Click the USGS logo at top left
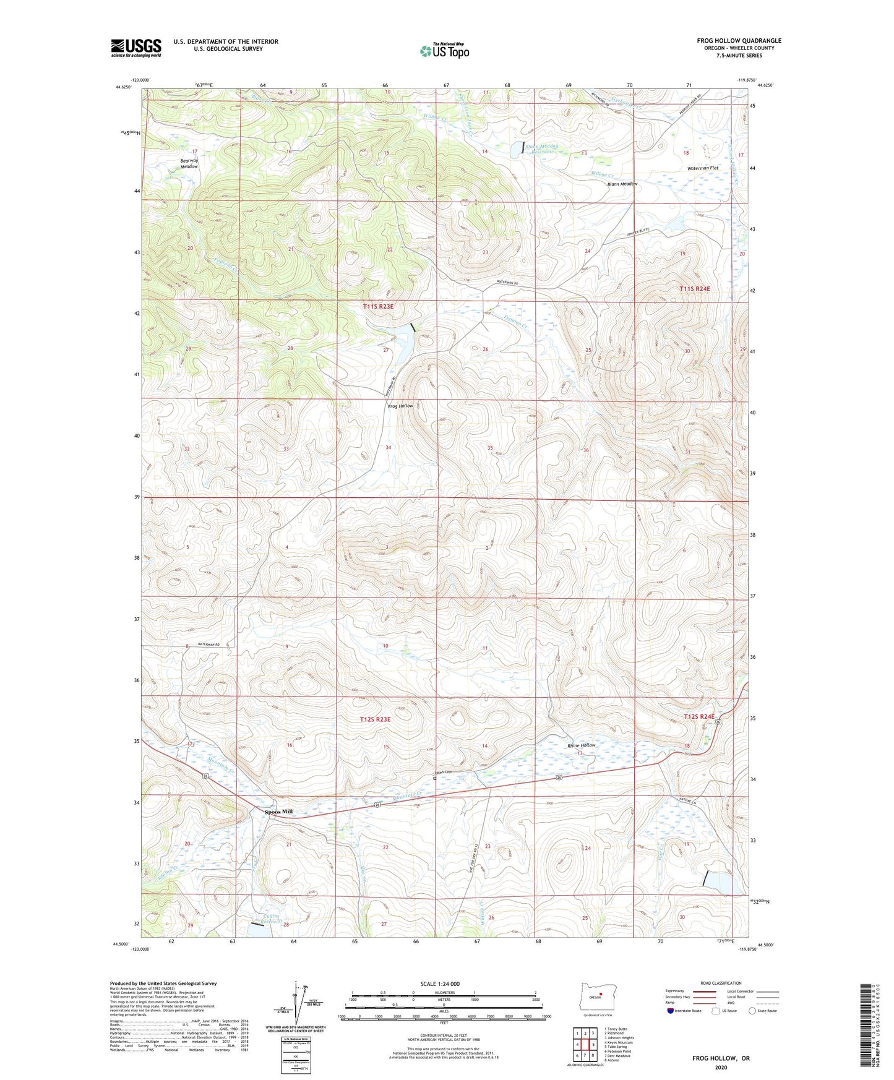pos(136,48)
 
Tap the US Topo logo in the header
pos(444,51)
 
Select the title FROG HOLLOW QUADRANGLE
pos(739,41)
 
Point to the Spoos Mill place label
pos(278,812)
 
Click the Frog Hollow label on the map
pos(400,406)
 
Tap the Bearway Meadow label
pos(189,164)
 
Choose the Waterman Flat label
pos(703,168)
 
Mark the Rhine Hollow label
pos(582,745)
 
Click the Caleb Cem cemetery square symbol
pos(435,779)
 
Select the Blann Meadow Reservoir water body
pos(515,149)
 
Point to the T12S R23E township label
pos(376,719)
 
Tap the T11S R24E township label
pos(695,289)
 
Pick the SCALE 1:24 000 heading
pos(444,984)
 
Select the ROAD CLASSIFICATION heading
pos(721,983)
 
